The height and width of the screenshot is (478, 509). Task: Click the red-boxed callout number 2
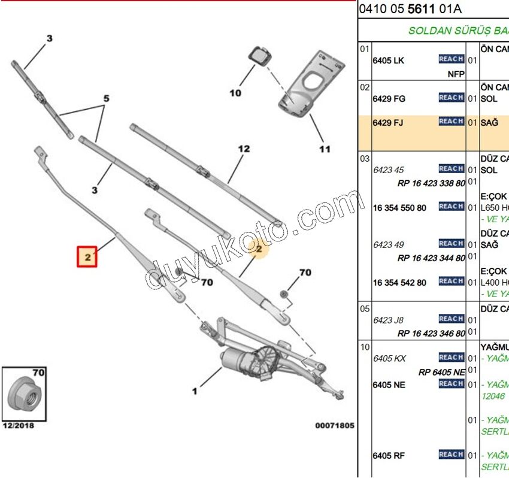[x=87, y=256]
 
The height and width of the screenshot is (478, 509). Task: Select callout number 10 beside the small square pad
[x=235, y=93]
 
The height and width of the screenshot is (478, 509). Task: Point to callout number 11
[x=324, y=149]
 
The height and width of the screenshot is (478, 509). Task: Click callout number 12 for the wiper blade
[x=243, y=149]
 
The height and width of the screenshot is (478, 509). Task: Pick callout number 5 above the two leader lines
[x=106, y=98]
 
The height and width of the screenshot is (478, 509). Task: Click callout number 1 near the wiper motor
[x=195, y=392]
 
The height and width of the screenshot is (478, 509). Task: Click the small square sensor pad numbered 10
[x=259, y=56]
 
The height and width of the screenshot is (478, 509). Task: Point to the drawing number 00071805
[x=335, y=425]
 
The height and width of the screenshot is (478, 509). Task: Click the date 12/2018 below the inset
[x=18, y=425]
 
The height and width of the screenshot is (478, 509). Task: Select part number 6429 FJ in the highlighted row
[x=387, y=123]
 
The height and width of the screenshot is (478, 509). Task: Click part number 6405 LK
[x=388, y=60]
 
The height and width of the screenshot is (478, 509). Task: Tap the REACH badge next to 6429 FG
[x=451, y=98]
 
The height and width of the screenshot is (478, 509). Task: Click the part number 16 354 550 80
[x=399, y=208]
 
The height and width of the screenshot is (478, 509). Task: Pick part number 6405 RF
[x=388, y=456]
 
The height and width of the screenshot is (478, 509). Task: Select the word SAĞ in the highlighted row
[x=490, y=123]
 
